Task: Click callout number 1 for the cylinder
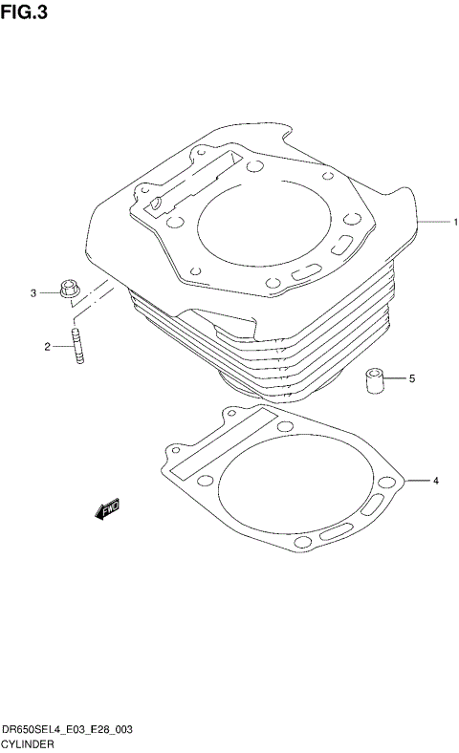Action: pos(455,222)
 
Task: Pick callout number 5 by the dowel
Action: pos(412,379)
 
